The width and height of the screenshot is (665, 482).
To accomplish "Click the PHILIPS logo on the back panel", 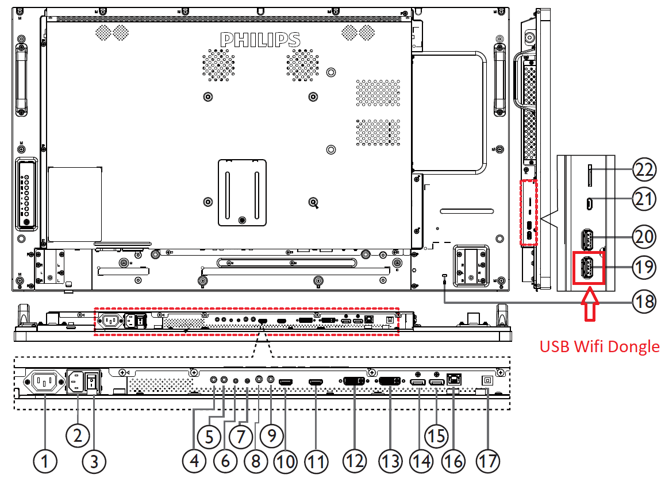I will click(x=260, y=39).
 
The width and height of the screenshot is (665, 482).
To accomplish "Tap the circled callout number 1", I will click(x=45, y=460).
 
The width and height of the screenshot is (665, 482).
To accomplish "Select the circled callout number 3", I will click(x=94, y=460).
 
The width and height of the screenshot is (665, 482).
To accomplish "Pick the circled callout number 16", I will click(x=454, y=460).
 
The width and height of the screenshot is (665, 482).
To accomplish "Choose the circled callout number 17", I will click(x=488, y=460).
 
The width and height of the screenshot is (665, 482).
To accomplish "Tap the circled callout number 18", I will click(x=644, y=301).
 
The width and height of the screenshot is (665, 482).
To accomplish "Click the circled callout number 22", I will click(x=644, y=169).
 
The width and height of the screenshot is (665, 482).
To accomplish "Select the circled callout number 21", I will click(x=644, y=199).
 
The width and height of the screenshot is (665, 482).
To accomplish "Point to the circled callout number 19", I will click(x=644, y=266).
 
